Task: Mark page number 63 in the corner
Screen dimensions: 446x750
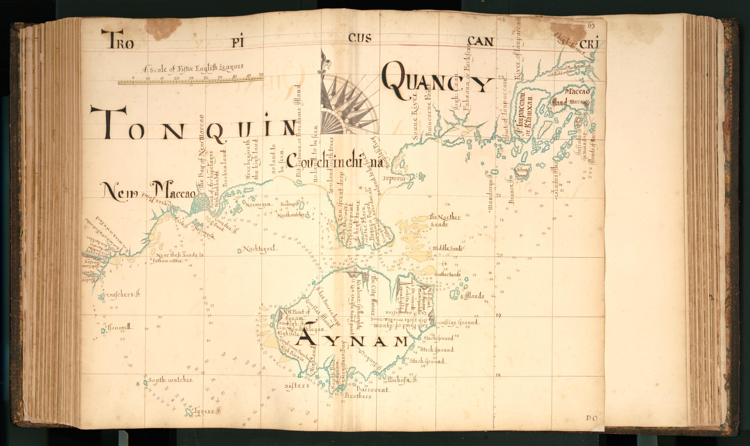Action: pos(591,26)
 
